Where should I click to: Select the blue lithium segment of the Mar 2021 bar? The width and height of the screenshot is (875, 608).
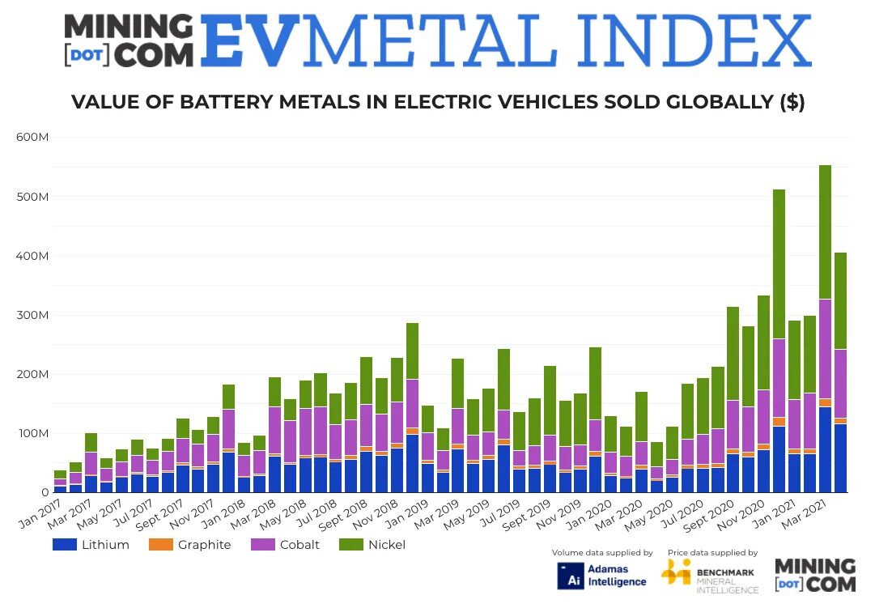[x=825, y=449]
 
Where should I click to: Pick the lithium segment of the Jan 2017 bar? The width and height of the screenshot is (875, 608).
[x=60, y=489]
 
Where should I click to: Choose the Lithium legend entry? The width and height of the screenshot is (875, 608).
[x=91, y=545]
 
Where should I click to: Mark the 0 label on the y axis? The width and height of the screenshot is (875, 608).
[x=45, y=492]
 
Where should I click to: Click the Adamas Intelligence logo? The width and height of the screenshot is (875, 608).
[x=602, y=575]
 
